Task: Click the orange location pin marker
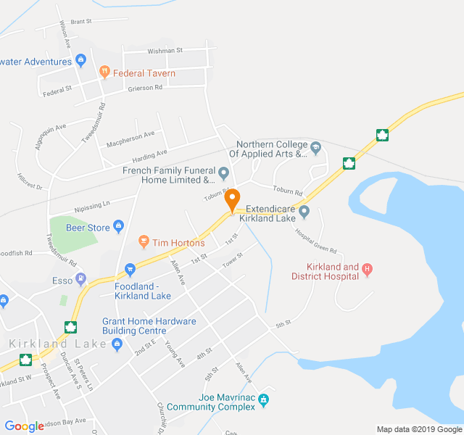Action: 232,199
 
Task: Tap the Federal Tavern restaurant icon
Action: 105,72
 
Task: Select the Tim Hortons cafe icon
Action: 144,241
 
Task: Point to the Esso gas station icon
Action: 80,278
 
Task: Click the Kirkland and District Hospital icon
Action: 368,270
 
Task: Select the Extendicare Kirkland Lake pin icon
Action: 304,212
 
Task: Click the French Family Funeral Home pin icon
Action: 223,173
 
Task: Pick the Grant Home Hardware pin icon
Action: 117,344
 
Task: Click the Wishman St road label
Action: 165,51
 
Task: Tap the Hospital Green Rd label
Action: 316,241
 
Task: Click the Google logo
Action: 24,426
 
